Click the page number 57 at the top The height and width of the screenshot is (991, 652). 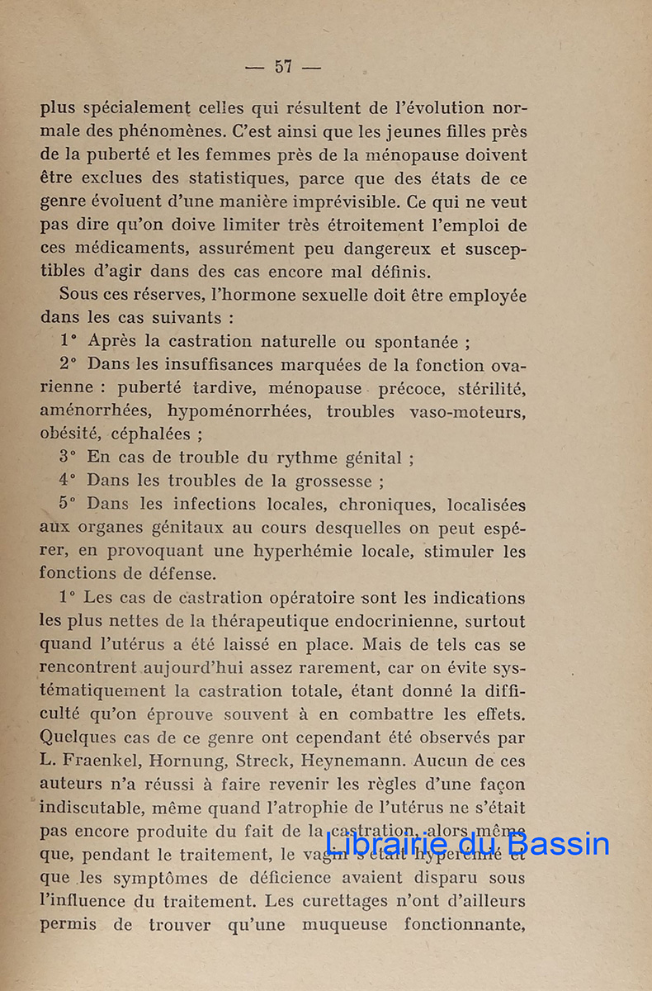point(283,67)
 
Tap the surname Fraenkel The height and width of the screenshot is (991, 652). point(101,761)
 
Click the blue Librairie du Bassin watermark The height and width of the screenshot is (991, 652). point(467,843)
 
